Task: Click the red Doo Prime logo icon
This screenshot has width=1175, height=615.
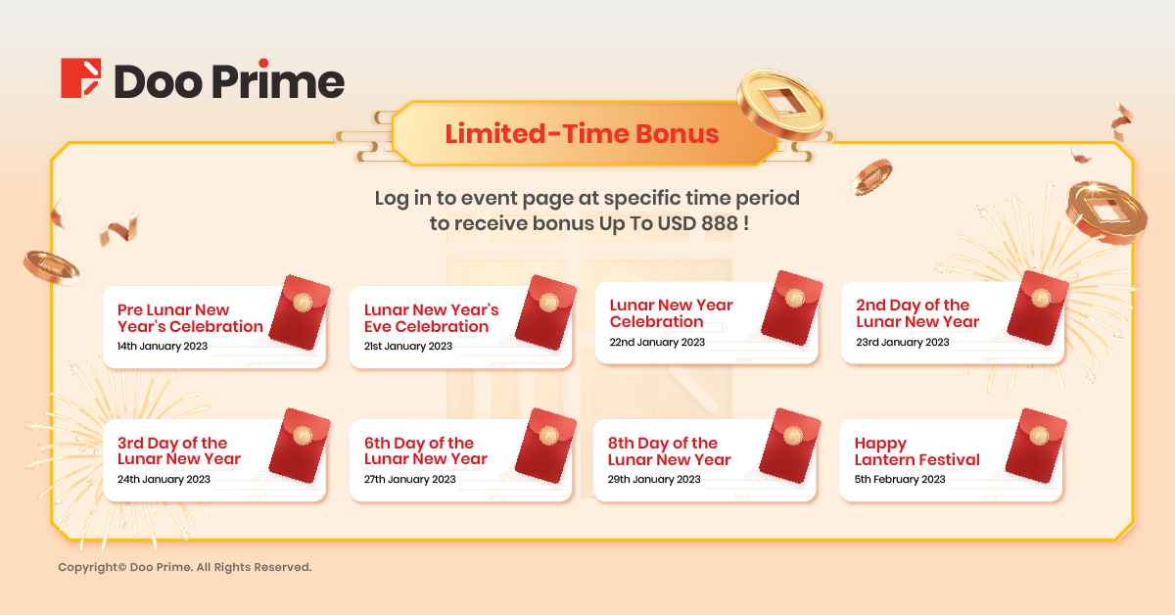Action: click(x=80, y=77)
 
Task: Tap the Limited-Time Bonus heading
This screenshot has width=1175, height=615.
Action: click(x=582, y=134)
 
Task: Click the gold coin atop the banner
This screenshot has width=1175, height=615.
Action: click(x=781, y=105)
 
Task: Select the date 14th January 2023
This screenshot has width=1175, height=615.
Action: click(x=163, y=347)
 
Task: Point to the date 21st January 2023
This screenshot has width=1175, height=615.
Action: click(x=408, y=347)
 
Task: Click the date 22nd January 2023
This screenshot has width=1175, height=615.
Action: click(x=657, y=342)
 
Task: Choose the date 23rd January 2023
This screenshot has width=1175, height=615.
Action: click(x=902, y=342)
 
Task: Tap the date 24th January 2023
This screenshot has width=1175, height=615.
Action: click(x=164, y=479)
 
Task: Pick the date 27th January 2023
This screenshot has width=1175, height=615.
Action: click(x=409, y=479)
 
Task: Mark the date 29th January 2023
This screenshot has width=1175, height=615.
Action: click(x=654, y=479)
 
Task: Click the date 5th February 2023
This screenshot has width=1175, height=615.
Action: click(x=900, y=479)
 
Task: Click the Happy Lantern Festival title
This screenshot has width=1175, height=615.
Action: click(x=916, y=451)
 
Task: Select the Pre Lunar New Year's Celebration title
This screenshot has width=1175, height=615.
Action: click(x=190, y=318)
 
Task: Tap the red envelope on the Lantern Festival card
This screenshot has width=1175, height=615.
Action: click(x=1037, y=446)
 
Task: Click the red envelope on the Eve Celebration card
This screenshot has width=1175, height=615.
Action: click(x=545, y=312)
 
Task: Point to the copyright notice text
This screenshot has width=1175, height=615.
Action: click(x=185, y=567)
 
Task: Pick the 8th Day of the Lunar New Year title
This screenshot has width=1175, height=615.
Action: click(x=669, y=451)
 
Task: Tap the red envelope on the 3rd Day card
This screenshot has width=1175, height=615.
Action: click(x=300, y=446)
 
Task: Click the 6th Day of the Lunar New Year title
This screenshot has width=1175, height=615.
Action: click(x=425, y=450)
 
